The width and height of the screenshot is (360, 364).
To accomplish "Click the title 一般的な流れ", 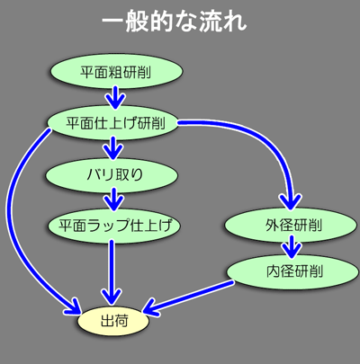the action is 175,22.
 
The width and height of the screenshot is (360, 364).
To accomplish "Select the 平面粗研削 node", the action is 116,72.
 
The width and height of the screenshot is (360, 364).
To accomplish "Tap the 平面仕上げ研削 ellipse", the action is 112,122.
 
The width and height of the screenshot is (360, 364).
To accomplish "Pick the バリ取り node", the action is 112,175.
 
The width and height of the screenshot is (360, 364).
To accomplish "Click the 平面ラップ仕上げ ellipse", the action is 113,226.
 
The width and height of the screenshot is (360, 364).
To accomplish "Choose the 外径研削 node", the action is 291,226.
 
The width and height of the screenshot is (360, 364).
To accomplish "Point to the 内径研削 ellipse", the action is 292,271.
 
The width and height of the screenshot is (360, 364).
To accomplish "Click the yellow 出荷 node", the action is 113,321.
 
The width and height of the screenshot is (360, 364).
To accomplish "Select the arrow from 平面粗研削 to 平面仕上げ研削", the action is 115,97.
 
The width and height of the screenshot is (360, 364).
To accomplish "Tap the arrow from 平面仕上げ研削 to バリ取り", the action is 113,148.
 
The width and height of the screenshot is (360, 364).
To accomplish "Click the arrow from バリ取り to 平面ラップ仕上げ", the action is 113,199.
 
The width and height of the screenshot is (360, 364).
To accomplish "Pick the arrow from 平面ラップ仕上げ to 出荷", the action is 112,272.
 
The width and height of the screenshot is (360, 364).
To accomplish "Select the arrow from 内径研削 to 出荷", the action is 188,297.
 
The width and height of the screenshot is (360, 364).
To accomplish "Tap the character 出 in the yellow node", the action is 107,321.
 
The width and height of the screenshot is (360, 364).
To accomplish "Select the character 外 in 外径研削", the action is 272,225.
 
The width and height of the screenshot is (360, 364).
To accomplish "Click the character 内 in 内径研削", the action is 273,271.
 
